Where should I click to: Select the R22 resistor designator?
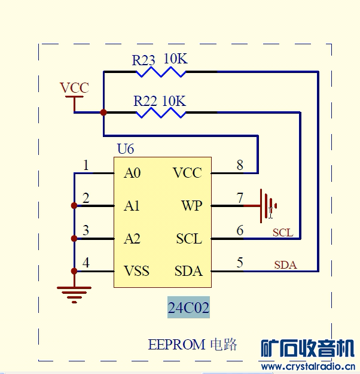[x=145, y=100]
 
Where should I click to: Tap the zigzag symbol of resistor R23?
[x=161, y=72]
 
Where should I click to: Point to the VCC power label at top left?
[x=74, y=89]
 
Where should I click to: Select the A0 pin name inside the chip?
[x=132, y=174]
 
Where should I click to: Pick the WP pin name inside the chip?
[x=191, y=206]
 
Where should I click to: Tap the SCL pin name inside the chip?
[x=189, y=239]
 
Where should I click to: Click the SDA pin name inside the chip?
[x=188, y=271]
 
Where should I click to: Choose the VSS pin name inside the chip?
[x=136, y=271]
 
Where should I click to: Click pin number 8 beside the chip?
[x=240, y=165]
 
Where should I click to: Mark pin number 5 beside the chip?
[x=240, y=262]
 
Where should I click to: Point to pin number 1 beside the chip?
[x=86, y=165]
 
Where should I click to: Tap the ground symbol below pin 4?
[x=74, y=293]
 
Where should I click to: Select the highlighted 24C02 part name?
[x=188, y=308]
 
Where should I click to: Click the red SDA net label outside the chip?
[x=285, y=264]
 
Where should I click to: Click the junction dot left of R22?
[x=103, y=112]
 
